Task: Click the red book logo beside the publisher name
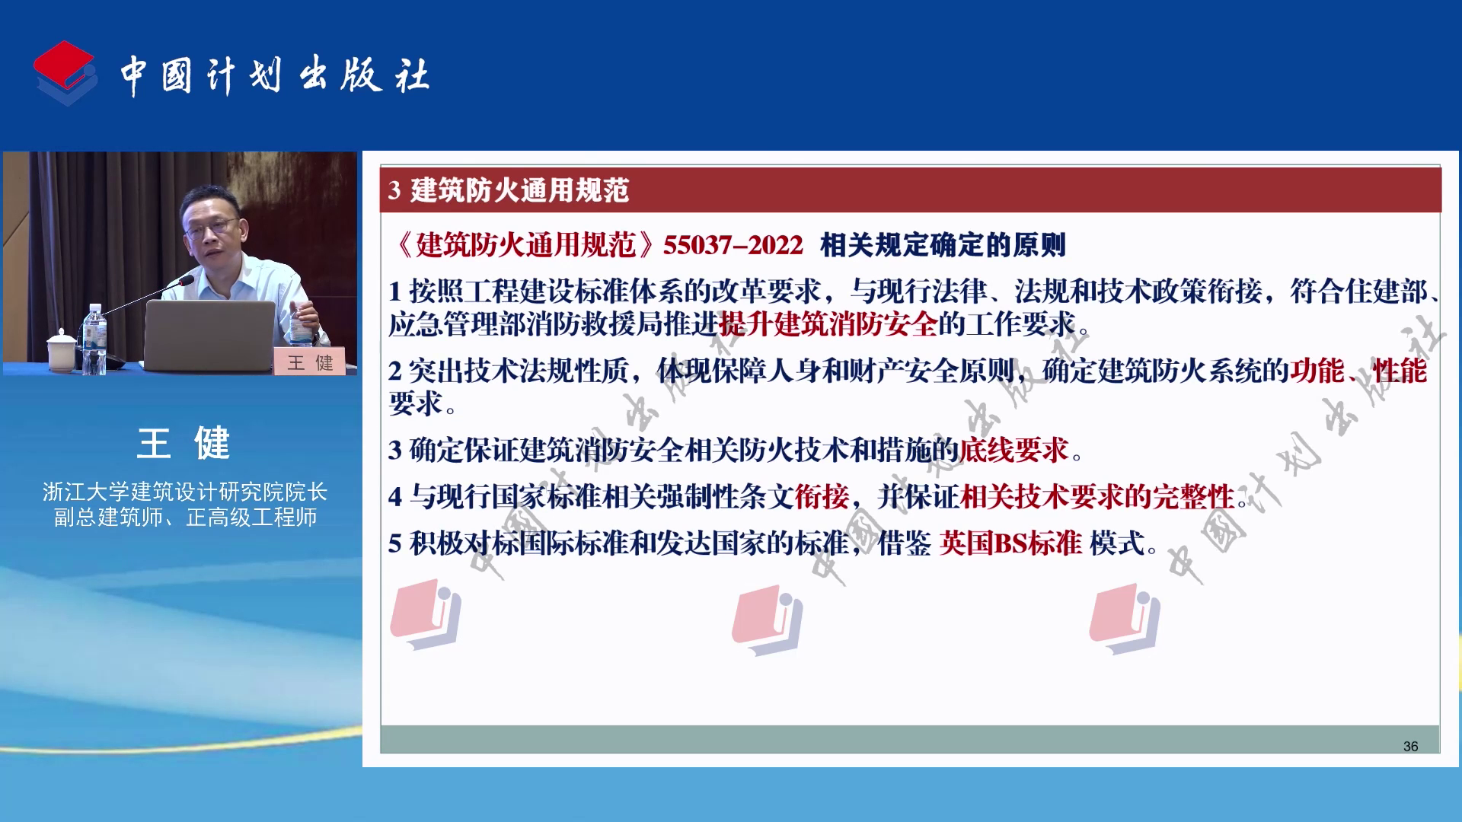(65, 73)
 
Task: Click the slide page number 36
(1410, 747)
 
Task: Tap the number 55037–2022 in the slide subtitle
(733, 245)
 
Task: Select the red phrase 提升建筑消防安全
(828, 325)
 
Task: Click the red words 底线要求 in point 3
(1014, 451)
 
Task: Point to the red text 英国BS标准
(1010, 543)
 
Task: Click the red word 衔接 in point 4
(822, 497)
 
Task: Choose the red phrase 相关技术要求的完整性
(1097, 497)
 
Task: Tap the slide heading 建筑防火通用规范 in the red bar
(519, 190)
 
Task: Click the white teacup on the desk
(62, 351)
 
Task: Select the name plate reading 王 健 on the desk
(310, 362)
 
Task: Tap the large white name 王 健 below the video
(183, 443)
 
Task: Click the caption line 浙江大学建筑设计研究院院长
(185, 492)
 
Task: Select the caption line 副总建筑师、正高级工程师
(185, 518)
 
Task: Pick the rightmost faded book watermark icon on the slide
(1125, 619)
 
